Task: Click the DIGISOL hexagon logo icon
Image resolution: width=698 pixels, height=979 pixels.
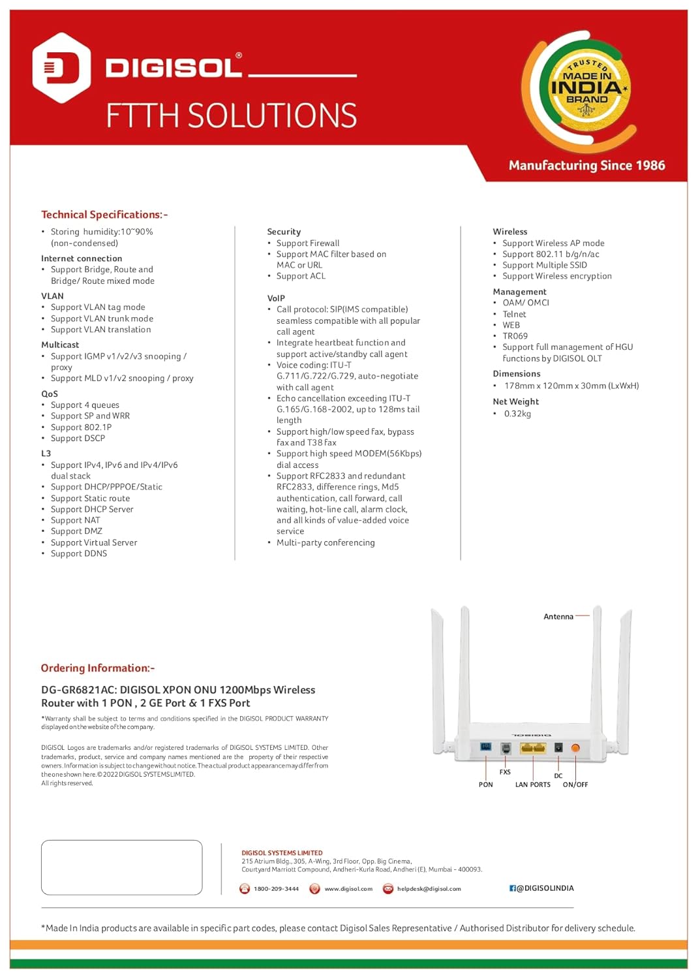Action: pyautogui.click(x=61, y=68)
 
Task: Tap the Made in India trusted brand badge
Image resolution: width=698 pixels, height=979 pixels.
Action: pyautogui.click(x=587, y=89)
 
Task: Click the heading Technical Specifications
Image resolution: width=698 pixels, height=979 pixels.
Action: pyautogui.click(x=104, y=215)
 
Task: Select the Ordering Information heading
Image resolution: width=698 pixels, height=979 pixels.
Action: pyautogui.click(x=98, y=668)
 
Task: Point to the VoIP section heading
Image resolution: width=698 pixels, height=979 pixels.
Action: pyautogui.click(x=276, y=298)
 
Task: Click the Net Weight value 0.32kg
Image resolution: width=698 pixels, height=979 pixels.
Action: pyautogui.click(x=517, y=414)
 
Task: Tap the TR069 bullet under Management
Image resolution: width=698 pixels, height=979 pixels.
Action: pyautogui.click(x=515, y=336)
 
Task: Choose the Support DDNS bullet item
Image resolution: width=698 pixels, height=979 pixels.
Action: pyautogui.click(x=79, y=553)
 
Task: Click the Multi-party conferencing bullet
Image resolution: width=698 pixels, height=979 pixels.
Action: pyautogui.click(x=326, y=542)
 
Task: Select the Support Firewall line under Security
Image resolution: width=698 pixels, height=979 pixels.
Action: pyautogui.click(x=308, y=243)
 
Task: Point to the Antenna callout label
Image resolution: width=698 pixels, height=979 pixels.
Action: pyautogui.click(x=558, y=617)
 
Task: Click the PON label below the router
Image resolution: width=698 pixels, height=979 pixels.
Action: pyautogui.click(x=486, y=785)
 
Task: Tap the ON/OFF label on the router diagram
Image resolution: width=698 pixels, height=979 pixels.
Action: pyautogui.click(x=575, y=785)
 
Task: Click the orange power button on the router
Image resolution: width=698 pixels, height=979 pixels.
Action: pyautogui.click(x=575, y=748)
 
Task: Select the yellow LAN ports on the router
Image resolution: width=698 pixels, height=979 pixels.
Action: pyautogui.click(x=533, y=748)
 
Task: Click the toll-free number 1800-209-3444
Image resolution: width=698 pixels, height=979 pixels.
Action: pyautogui.click(x=276, y=889)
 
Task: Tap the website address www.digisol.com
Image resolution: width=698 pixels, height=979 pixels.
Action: pyautogui.click(x=348, y=889)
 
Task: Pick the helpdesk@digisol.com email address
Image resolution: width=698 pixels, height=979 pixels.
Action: pyautogui.click(x=429, y=889)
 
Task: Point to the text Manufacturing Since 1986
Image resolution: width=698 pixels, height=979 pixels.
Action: pyautogui.click(x=586, y=166)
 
